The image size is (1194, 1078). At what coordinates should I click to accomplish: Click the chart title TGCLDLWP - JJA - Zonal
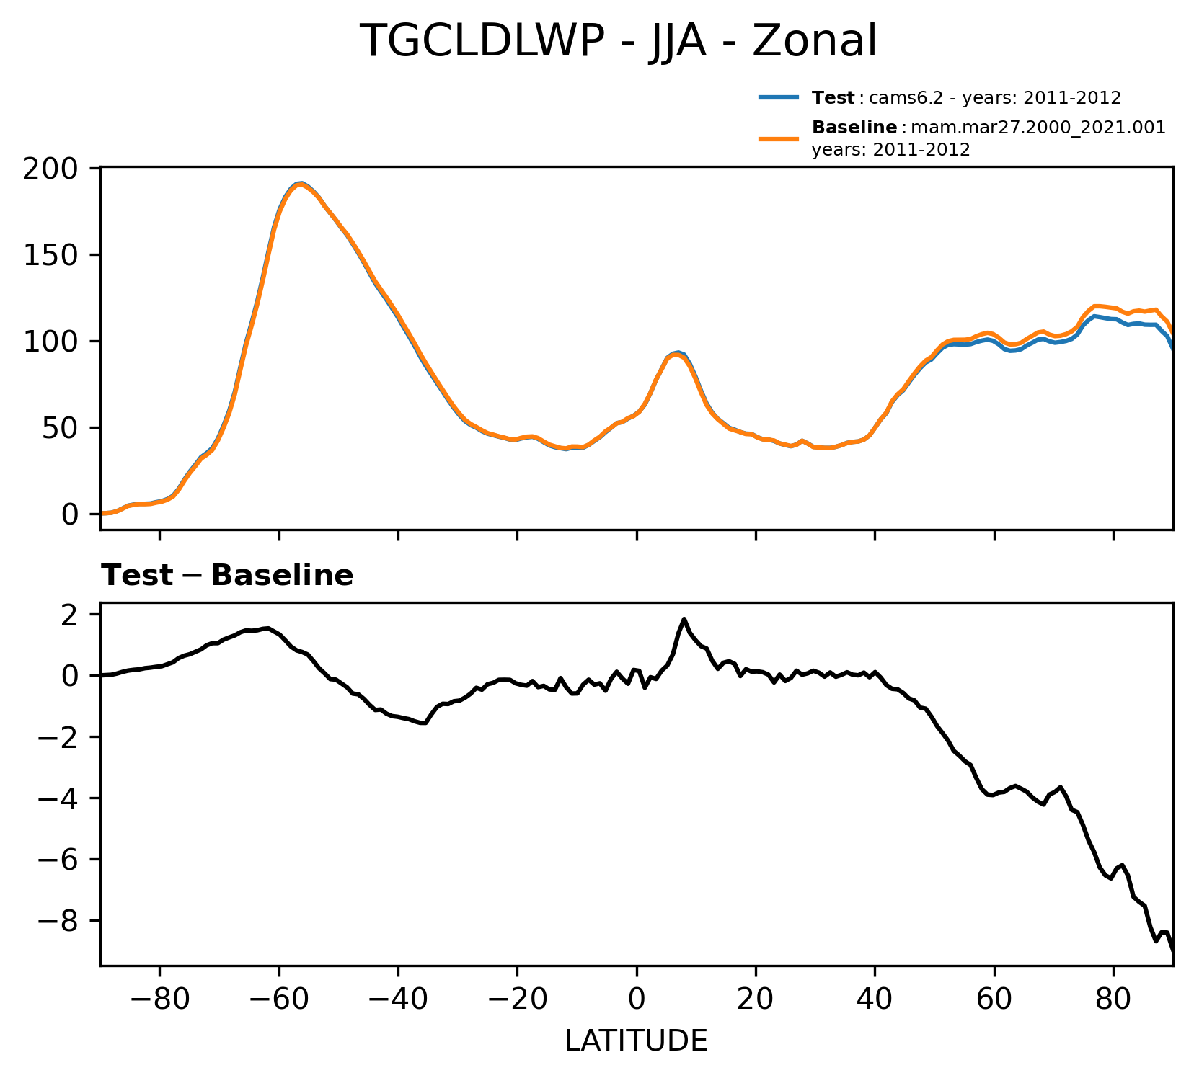tap(618, 41)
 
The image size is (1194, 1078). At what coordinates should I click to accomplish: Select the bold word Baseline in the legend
tap(854, 128)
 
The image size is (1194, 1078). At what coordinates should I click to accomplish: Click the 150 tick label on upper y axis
tap(50, 255)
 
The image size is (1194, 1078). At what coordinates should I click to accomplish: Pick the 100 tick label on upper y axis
tap(50, 342)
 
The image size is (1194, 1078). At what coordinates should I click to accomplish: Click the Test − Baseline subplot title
tap(227, 576)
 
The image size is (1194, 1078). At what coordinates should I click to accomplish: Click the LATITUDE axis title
tap(636, 1041)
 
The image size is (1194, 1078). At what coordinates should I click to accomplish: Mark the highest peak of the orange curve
tap(300, 184)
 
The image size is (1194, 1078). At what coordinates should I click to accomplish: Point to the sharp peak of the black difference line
tap(684, 619)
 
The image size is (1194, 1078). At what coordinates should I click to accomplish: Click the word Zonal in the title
tap(814, 41)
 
